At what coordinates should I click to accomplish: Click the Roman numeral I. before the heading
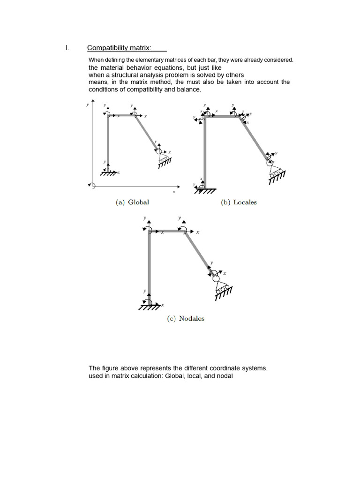(x=67, y=48)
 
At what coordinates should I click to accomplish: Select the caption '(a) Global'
(x=132, y=202)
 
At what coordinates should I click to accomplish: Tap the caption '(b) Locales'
(x=239, y=202)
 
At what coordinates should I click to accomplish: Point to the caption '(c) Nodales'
(x=186, y=318)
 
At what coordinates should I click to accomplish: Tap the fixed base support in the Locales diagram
(x=204, y=189)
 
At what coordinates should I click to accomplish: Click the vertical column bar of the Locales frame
(x=205, y=150)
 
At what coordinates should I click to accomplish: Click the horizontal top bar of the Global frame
(x=121, y=114)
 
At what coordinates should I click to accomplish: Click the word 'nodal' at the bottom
(x=225, y=376)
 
